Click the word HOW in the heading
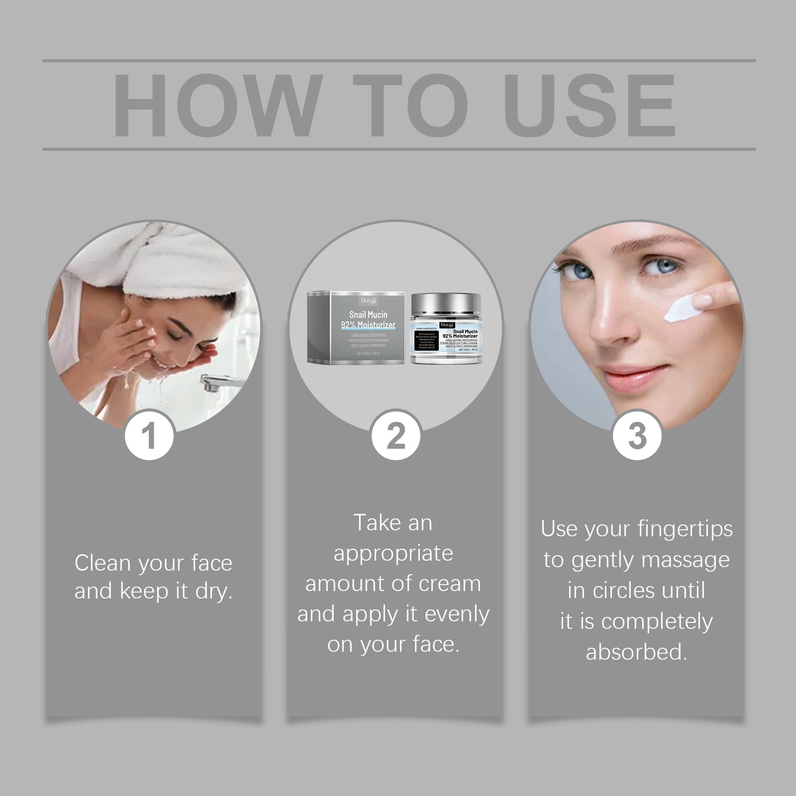(x=217, y=105)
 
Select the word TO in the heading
(x=410, y=105)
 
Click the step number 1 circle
(x=149, y=435)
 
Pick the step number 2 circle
(x=396, y=435)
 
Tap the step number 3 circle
(x=637, y=435)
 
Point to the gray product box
(x=356, y=328)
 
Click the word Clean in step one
(x=102, y=563)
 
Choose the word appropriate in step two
(x=393, y=553)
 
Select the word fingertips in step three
(x=685, y=529)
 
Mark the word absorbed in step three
(x=636, y=652)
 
